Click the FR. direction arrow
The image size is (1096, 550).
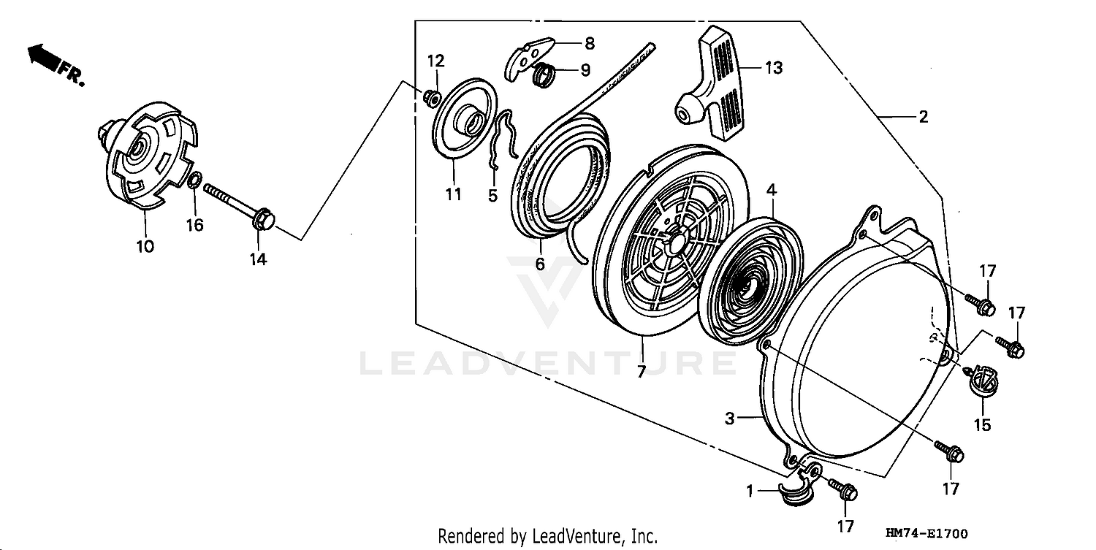45,58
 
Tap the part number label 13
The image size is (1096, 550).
774,68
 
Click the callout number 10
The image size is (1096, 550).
145,246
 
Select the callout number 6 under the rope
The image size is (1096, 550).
540,264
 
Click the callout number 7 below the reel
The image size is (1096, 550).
641,372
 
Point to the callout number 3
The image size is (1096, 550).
729,419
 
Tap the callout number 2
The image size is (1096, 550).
923,117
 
